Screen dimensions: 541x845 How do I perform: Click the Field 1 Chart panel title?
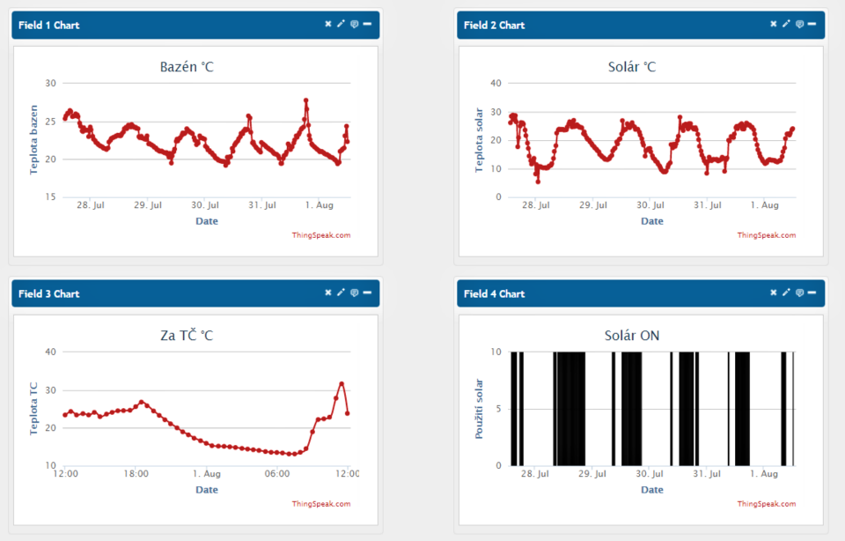click(x=48, y=25)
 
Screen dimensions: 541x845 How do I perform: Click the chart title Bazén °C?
click(x=187, y=67)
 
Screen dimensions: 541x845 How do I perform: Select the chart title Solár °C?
click(x=632, y=67)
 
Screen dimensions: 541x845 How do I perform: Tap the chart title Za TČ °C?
click(x=187, y=336)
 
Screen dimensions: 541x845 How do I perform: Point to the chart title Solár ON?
click(x=632, y=336)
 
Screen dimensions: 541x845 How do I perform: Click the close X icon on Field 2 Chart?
click(x=774, y=24)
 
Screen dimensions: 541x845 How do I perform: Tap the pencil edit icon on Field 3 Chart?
click(x=341, y=293)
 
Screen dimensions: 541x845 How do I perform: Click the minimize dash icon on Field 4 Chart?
click(x=812, y=293)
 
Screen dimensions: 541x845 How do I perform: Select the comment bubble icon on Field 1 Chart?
click(x=354, y=24)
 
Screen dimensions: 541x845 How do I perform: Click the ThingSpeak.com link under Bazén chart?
click(x=321, y=235)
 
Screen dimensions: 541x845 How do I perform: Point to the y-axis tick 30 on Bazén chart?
click(x=50, y=84)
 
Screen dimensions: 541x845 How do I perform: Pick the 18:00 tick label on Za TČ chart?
click(x=136, y=474)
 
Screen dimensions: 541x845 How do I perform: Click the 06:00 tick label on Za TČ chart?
click(x=276, y=474)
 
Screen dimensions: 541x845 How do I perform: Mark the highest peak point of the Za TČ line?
click(x=342, y=383)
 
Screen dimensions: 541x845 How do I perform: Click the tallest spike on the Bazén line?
click(x=306, y=100)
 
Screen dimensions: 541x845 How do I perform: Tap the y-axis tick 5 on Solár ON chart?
click(x=498, y=409)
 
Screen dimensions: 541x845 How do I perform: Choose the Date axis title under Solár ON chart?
click(x=651, y=490)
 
